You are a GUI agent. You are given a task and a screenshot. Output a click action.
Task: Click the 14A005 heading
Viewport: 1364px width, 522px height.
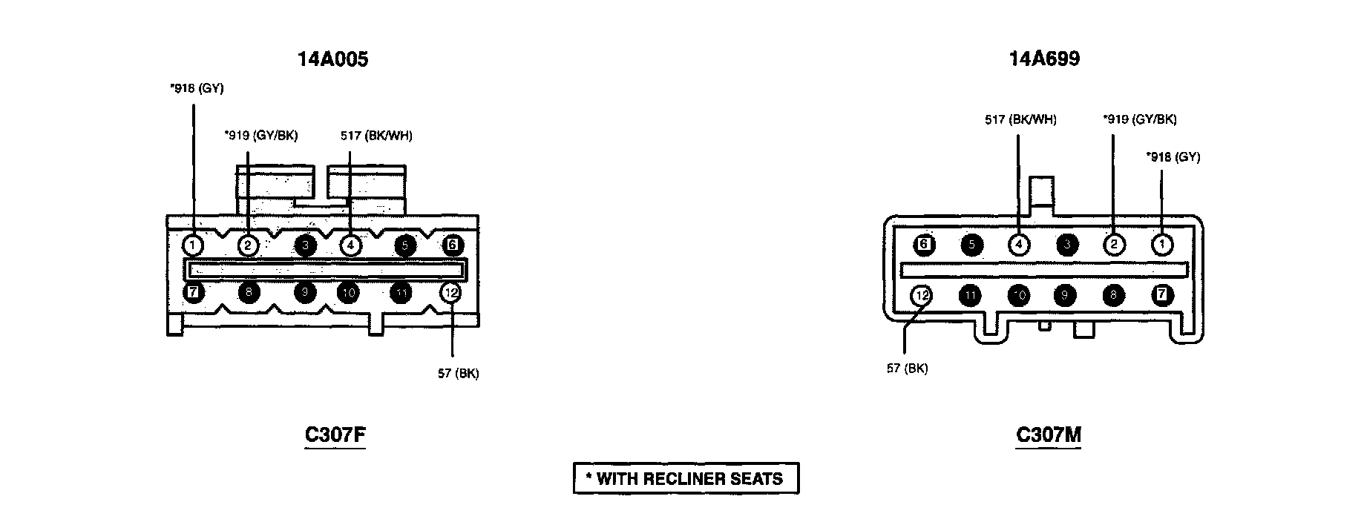click(332, 59)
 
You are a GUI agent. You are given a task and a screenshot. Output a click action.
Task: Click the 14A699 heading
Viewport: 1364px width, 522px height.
click(1043, 59)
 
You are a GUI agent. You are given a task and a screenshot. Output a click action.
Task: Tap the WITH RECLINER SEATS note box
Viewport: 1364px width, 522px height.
click(686, 478)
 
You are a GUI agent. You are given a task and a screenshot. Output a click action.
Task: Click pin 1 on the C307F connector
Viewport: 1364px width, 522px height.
click(192, 245)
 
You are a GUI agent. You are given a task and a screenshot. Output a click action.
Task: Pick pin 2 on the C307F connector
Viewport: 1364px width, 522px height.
click(248, 245)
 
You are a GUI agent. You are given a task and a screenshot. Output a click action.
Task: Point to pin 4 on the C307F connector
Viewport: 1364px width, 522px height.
click(350, 245)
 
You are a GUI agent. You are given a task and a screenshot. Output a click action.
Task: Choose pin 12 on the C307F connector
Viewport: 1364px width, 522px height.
click(450, 292)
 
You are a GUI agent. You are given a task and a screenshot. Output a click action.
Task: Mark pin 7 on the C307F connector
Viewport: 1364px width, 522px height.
click(192, 292)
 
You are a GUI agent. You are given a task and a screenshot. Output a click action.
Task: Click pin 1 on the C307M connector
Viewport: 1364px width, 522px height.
click(1161, 245)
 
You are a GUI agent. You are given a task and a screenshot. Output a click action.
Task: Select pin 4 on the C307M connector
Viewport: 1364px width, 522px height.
click(1019, 245)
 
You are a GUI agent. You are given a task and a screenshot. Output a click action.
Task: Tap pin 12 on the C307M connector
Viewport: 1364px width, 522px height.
click(922, 295)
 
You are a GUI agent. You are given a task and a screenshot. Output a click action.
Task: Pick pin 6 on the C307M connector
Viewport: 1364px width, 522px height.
click(923, 245)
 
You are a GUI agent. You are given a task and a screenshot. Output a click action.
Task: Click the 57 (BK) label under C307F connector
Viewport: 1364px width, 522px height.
click(458, 374)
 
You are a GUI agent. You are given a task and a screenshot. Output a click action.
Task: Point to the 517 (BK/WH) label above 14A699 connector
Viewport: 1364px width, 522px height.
click(1020, 119)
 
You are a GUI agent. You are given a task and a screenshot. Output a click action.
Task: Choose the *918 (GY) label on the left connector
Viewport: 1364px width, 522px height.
click(197, 89)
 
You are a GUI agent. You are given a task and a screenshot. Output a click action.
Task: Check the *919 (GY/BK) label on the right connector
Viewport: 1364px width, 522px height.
click(1139, 119)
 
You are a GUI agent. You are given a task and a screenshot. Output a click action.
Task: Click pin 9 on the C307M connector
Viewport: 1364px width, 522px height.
click(1065, 295)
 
